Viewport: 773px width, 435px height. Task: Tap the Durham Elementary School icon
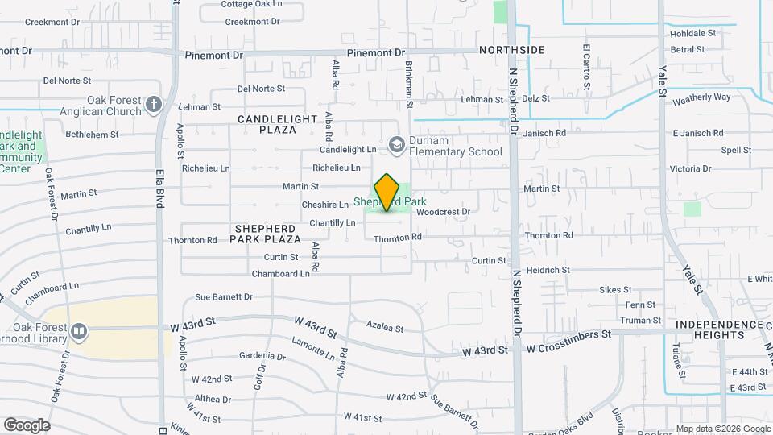click(x=396, y=144)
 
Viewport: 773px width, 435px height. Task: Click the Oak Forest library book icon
click(x=79, y=331)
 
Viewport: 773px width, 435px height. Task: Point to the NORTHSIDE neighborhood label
click(x=512, y=50)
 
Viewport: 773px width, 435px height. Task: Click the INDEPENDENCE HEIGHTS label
click(x=720, y=329)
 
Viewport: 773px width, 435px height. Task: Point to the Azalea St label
click(x=384, y=328)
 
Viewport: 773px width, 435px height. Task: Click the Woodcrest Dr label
click(x=443, y=212)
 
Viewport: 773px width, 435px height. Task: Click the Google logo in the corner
click(x=27, y=425)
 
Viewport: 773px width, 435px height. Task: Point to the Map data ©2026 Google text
click(x=721, y=429)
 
